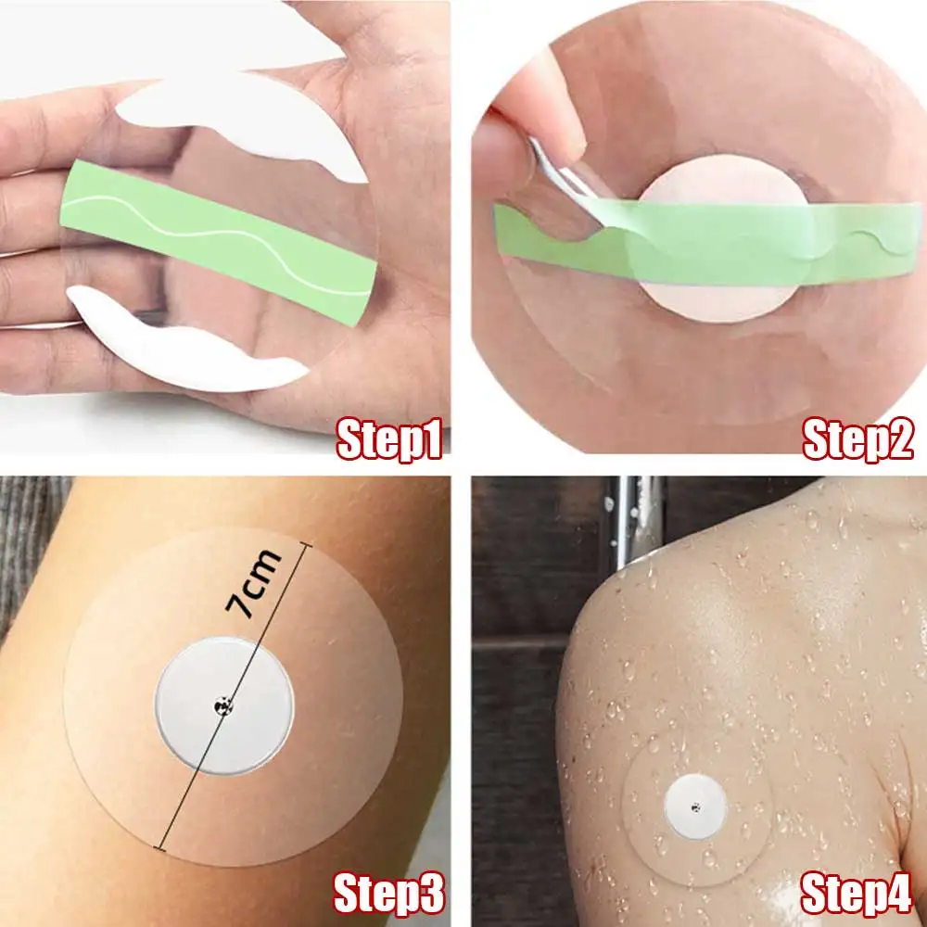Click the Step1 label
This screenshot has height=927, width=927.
click(x=387, y=439)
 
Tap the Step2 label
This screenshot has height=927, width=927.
click(x=857, y=439)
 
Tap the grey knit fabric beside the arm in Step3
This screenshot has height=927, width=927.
click(x=28, y=556)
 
